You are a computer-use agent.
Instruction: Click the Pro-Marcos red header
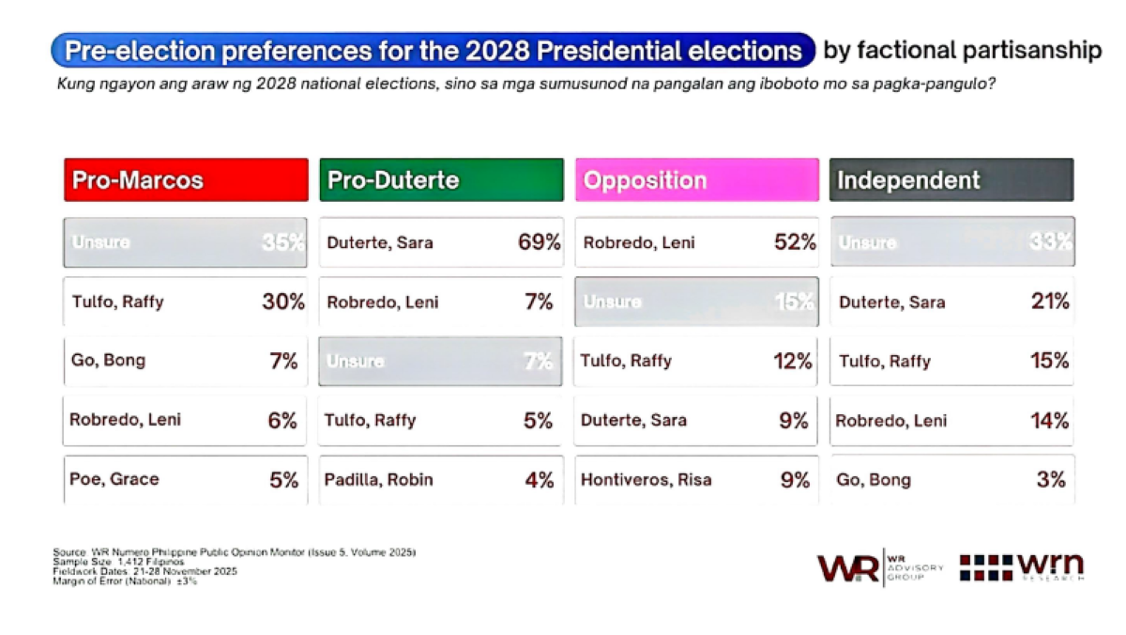(x=186, y=179)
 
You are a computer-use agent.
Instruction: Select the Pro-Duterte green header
(x=441, y=179)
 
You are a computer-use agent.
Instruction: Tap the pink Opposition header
(x=696, y=179)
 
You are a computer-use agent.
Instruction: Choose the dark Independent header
(x=951, y=179)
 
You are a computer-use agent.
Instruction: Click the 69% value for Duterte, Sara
(x=539, y=242)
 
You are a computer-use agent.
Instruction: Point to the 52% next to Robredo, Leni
(x=795, y=242)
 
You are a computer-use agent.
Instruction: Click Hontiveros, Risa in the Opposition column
(x=646, y=480)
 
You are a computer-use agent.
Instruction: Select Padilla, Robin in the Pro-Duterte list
(x=380, y=480)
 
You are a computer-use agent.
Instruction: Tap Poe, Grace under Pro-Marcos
(x=114, y=479)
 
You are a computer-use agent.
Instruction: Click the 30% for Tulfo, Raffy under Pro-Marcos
(x=283, y=302)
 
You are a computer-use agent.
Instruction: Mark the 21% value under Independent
(x=1050, y=302)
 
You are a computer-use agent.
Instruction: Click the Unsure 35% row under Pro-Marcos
(x=186, y=242)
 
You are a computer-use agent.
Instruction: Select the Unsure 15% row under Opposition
(x=696, y=302)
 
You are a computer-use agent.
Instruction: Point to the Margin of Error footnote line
(x=126, y=581)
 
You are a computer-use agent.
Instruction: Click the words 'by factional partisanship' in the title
(x=962, y=51)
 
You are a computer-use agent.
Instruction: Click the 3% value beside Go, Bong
(x=1052, y=480)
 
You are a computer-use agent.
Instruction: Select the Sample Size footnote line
(x=118, y=561)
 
